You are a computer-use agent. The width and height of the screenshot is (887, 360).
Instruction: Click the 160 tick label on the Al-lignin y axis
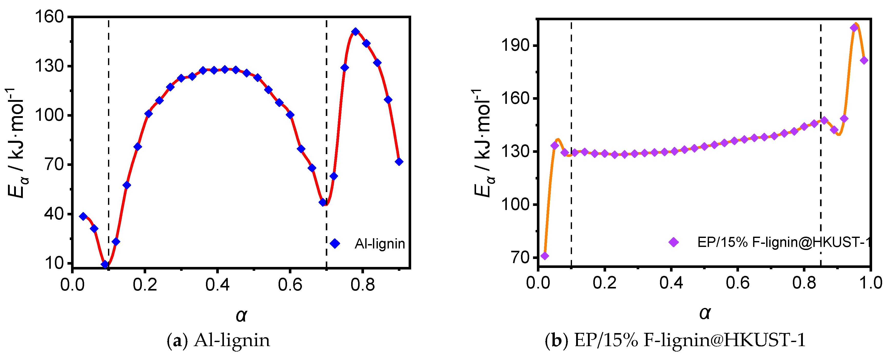(x=50, y=16)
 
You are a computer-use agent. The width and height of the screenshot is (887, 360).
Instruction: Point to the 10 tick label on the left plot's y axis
(x=54, y=263)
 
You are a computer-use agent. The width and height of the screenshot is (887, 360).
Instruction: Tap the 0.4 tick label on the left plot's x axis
(x=217, y=285)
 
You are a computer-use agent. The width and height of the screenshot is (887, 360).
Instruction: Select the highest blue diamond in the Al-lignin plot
(x=356, y=32)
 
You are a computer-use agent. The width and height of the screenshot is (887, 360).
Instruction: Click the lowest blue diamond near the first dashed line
(x=105, y=264)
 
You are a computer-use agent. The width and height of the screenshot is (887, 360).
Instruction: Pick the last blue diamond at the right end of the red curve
(x=399, y=162)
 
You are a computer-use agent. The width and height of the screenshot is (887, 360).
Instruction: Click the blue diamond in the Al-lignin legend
(x=335, y=244)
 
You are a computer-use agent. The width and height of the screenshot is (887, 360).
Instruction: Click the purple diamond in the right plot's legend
(x=674, y=242)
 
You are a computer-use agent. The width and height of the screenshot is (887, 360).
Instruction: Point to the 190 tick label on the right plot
(x=515, y=45)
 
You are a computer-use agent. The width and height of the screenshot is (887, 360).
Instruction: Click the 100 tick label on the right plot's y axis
(x=515, y=204)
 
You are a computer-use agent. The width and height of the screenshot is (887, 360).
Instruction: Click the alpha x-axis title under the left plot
(x=241, y=315)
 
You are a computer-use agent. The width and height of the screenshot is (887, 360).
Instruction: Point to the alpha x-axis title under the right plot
(x=705, y=313)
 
